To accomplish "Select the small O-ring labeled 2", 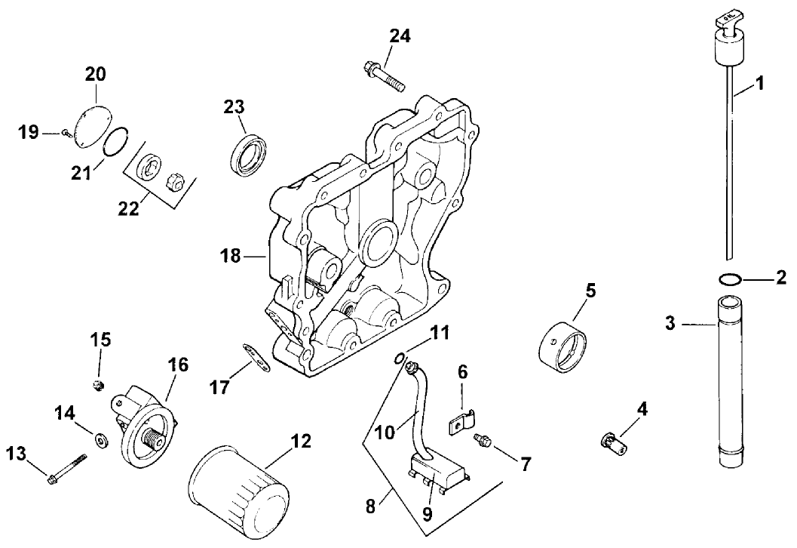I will tap(728, 280).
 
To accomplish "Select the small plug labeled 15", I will tap(97, 387).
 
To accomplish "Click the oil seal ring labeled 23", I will tap(246, 155).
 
